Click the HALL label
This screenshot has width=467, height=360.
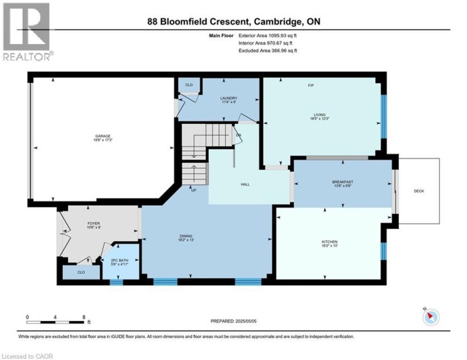click(245, 184)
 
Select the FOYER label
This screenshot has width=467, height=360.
click(94, 225)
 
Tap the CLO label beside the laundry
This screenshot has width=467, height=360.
click(189, 84)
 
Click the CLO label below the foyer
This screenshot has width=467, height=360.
click(81, 272)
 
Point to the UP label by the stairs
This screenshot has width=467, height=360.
click(193, 190)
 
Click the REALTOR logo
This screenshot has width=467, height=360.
click(27, 32)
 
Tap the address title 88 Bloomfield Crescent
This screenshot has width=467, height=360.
click(234, 21)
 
